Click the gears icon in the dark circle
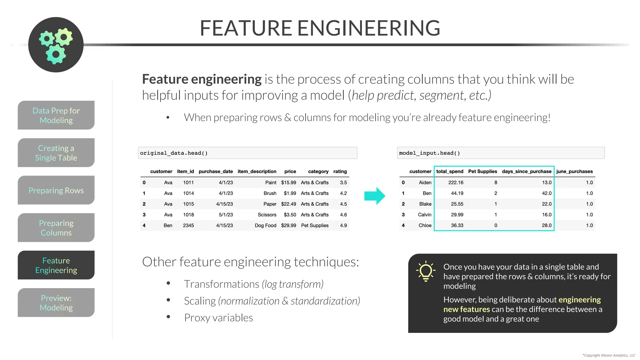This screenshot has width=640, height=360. pos(56,45)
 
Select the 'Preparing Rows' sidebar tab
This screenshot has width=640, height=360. pos(56,190)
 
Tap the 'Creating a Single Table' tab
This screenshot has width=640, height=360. pos(56,153)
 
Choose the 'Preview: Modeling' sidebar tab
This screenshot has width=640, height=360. pos(56,303)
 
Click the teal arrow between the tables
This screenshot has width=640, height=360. pos(375,196)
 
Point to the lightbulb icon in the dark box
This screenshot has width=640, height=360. pos(425,271)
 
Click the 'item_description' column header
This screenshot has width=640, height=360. pos(257,172)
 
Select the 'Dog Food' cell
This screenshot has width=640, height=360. pos(265,226)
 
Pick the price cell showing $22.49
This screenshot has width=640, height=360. pos(288,204)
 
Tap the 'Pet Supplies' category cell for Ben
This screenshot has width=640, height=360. pos(315,226)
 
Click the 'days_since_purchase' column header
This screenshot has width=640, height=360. pos(527,172)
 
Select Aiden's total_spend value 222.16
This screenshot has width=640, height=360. pos(456,182)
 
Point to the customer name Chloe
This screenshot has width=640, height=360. pos(425,226)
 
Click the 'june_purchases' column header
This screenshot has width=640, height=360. pos(574,172)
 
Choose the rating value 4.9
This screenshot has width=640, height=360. pos(343,226)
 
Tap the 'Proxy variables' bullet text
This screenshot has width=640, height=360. pos(218,318)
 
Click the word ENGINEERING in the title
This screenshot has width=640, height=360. pos(368,28)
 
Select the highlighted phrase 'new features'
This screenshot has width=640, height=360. pos(467,309)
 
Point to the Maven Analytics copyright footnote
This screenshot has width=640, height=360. pos(609,355)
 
